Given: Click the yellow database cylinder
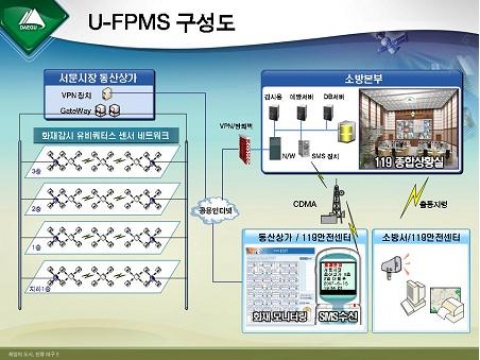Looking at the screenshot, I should (346, 130).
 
